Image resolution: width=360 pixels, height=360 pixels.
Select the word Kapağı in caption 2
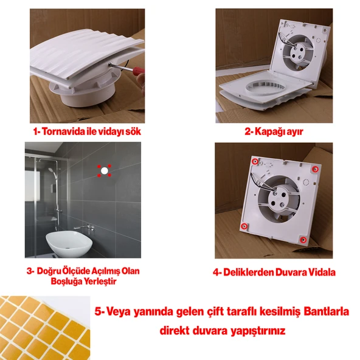point(268,131)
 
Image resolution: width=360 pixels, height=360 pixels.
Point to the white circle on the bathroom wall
point(104,171)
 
